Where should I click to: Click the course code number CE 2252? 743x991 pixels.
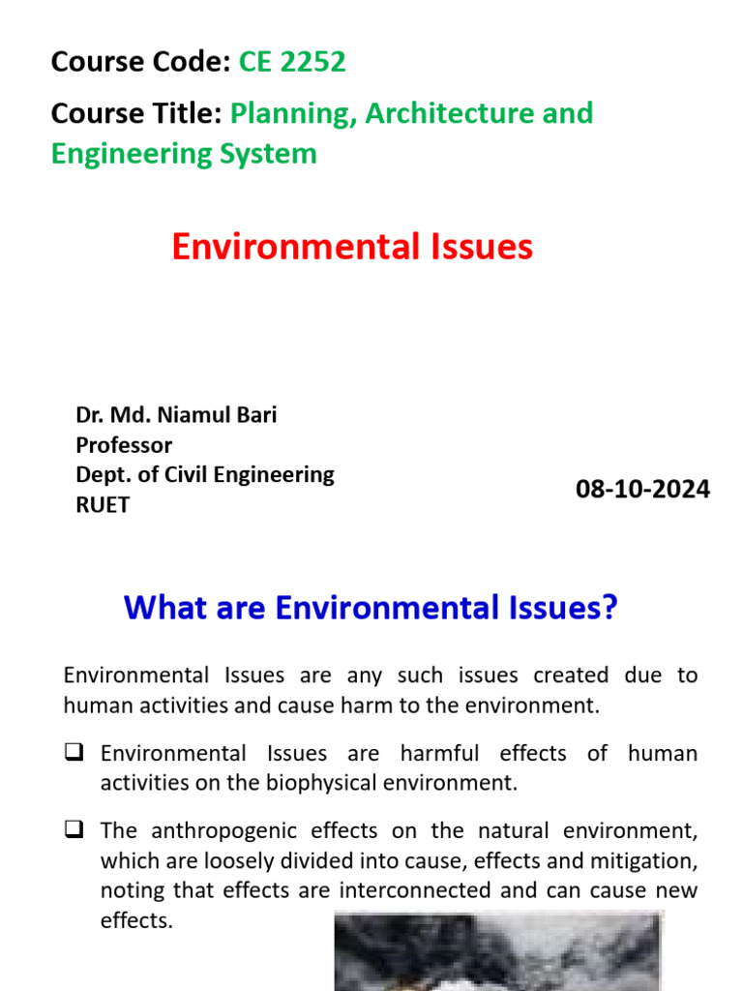tap(292, 63)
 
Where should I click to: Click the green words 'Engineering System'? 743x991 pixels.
tap(184, 153)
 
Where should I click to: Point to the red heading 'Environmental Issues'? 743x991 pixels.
tap(352, 248)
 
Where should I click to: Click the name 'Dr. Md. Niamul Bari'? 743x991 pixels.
tap(176, 415)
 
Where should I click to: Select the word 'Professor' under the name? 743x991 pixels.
tap(124, 445)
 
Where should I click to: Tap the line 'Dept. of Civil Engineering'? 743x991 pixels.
tap(205, 474)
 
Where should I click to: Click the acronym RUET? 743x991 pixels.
tap(103, 504)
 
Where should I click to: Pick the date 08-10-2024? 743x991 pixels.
tap(642, 490)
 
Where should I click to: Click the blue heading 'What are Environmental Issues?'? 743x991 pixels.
tap(371, 609)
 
